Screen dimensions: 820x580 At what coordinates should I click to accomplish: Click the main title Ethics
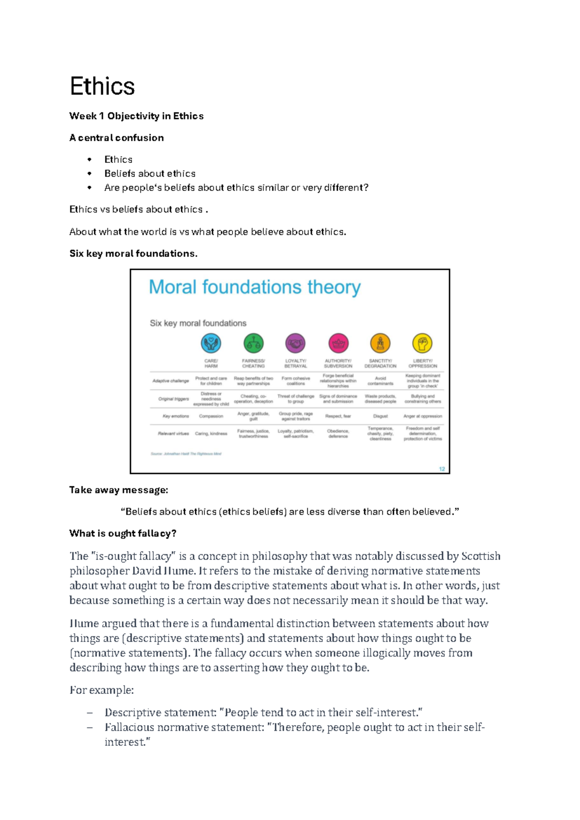pos(102,87)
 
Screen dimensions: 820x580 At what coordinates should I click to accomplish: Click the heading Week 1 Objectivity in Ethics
pos(136,116)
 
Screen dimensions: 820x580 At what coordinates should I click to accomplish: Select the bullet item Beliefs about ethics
pos(150,174)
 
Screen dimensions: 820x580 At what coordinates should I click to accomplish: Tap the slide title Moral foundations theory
pos(254,287)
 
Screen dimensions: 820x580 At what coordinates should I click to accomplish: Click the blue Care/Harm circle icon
pos(211,344)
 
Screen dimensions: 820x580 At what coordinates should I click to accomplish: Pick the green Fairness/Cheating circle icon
pos(253,344)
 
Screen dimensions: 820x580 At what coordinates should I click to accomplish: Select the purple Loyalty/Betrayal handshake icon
pos(295,344)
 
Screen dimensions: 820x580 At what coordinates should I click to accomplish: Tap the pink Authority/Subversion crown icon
pos(338,344)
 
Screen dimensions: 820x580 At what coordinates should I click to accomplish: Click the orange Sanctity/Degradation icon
pos(380,344)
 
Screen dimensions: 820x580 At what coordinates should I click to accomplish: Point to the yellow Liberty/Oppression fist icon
pos(422,344)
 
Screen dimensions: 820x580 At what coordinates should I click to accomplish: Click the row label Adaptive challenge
pos(171,381)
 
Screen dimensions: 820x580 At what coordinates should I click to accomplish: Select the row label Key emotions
pos(176,416)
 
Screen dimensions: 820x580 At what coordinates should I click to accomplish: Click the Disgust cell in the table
pos(380,416)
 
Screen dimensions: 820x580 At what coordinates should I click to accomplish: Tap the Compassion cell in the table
pos(211,416)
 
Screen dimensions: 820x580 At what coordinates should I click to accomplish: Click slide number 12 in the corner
pos(442,469)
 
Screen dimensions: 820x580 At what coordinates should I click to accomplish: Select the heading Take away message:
pos(118,490)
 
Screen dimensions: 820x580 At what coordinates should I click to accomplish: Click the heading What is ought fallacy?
pos(123,534)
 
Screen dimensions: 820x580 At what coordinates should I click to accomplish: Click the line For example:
pos(101,690)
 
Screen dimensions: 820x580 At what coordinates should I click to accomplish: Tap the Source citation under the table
pos(186,454)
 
